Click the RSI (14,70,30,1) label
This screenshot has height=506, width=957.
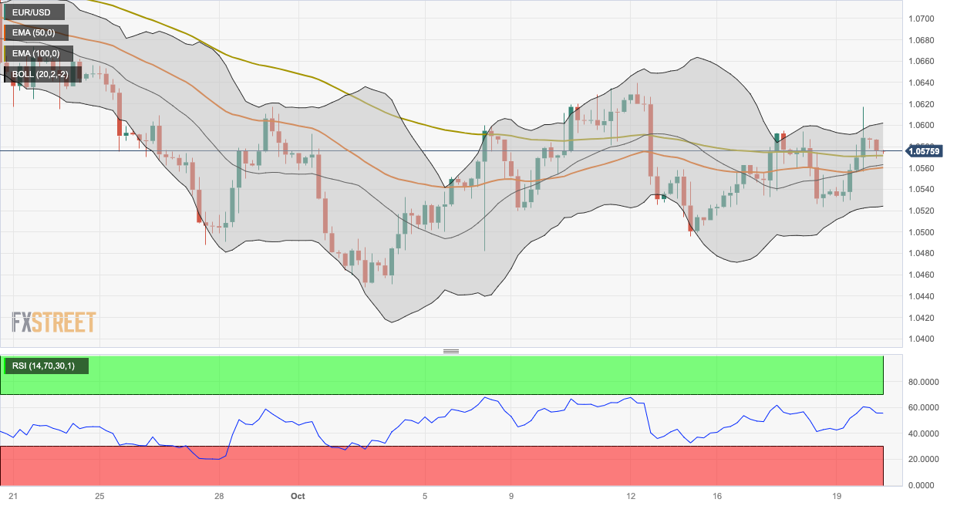pos(46,366)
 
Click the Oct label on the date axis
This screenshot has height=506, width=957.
pos(298,496)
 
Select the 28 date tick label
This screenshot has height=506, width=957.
pos(219,496)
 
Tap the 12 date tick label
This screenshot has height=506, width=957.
pos(630,496)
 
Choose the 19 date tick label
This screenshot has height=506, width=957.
pos(837,496)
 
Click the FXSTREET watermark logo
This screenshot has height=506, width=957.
pos(54,322)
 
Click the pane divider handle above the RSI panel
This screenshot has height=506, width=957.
pos(451,351)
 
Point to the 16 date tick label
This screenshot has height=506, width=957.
pos(717,496)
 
